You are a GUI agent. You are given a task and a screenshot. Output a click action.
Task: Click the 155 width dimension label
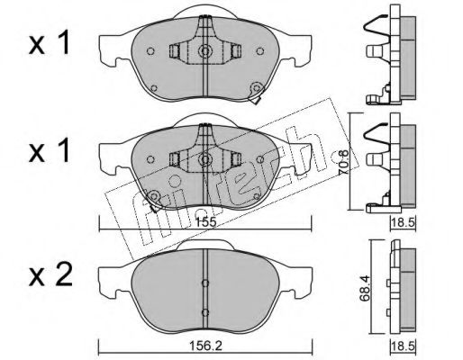point(205,222)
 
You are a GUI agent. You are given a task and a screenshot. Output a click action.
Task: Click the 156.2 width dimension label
point(205,346)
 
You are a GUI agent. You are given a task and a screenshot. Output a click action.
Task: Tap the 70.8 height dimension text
point(344,162)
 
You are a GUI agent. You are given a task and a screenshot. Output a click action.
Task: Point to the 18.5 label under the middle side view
point(404,223)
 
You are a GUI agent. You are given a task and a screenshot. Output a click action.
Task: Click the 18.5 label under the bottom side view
point(404,346)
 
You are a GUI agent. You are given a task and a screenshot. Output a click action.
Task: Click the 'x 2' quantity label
point(50,274)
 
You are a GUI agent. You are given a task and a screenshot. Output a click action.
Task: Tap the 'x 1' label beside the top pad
point(49,44)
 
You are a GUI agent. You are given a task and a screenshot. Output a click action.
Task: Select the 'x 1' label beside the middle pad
point(49,151)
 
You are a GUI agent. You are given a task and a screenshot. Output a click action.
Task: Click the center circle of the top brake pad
point(205,51)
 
